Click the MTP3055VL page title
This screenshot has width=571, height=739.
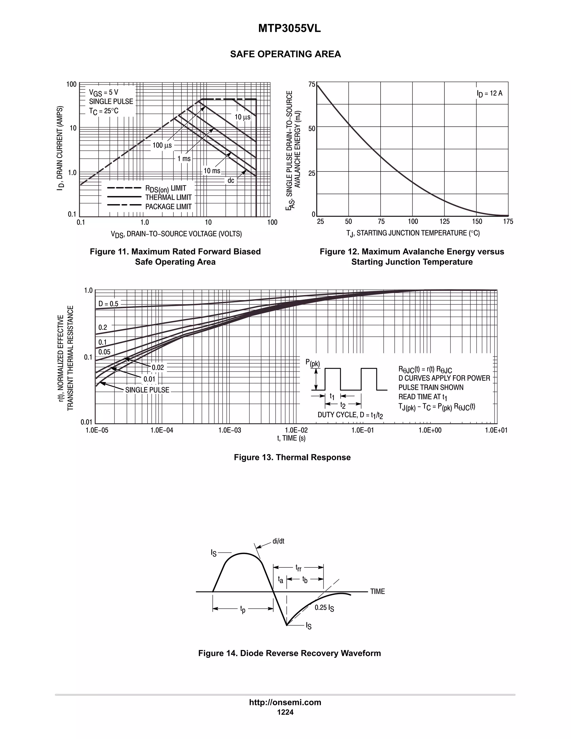pyautogui.click(x=289, y=29)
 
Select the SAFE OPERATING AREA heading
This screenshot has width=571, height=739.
pyautogui.click(x=285, y=54)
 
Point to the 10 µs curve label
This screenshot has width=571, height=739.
pyautogui.click(x=243, y=117)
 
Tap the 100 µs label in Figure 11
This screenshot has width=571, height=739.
pyautogui.click(x=162, y=146)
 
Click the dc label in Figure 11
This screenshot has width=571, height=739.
pyautogui.click(x=231, y=181)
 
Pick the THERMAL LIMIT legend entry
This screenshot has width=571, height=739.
pyautogui.click(x=168, y=197)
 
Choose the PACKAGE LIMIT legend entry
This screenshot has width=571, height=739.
pyautogui.click(x=168, y=206)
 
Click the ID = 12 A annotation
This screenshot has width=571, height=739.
pyautogui.click(x=490, y=93)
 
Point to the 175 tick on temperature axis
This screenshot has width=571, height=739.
pyautogui.click(x=508, y=222)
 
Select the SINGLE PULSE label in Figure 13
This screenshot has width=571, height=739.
pyautogui.click(x=147, y=390)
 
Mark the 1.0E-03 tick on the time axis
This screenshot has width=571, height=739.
pyautogui.click(x=230, y=430)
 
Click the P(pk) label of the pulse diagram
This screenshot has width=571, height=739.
pyautogui.click(x=313, y=363)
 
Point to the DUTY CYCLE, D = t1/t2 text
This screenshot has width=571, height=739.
pyautogui.click(x=350, y=415)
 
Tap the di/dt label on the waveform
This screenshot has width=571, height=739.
pyautogui.click(x=279, y=541)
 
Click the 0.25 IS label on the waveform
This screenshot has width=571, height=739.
pyautogui.click(x=324, y=608)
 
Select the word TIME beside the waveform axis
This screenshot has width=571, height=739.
pyautogui.click(x=378, y=591)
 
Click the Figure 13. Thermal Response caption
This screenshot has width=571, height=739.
pyautogui.click(x=292, y=457)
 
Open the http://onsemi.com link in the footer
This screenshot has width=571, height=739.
pyautogui.click(x=285, y=702)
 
